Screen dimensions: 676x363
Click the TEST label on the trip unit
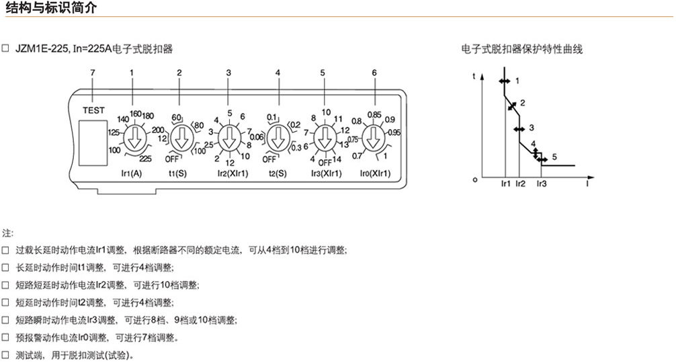[93, 110]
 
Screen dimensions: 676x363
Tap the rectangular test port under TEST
[93, 143]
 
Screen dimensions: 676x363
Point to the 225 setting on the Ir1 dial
[145, 159]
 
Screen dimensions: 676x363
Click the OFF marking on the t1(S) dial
[171, 159]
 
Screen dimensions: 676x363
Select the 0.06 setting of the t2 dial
[257, 137]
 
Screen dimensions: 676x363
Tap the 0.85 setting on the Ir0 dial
[374, 115]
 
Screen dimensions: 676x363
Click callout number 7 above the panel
[93, 73]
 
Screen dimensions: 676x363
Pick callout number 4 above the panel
[278, 73]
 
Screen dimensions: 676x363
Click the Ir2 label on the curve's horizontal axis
[520, 184]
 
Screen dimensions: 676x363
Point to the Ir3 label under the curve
[542, 184]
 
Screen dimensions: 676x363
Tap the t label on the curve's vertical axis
[474, 77]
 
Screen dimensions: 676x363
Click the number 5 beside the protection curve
[554, 157]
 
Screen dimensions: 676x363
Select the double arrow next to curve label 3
[519, 129]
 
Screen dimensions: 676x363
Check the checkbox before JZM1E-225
[5, 48]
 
